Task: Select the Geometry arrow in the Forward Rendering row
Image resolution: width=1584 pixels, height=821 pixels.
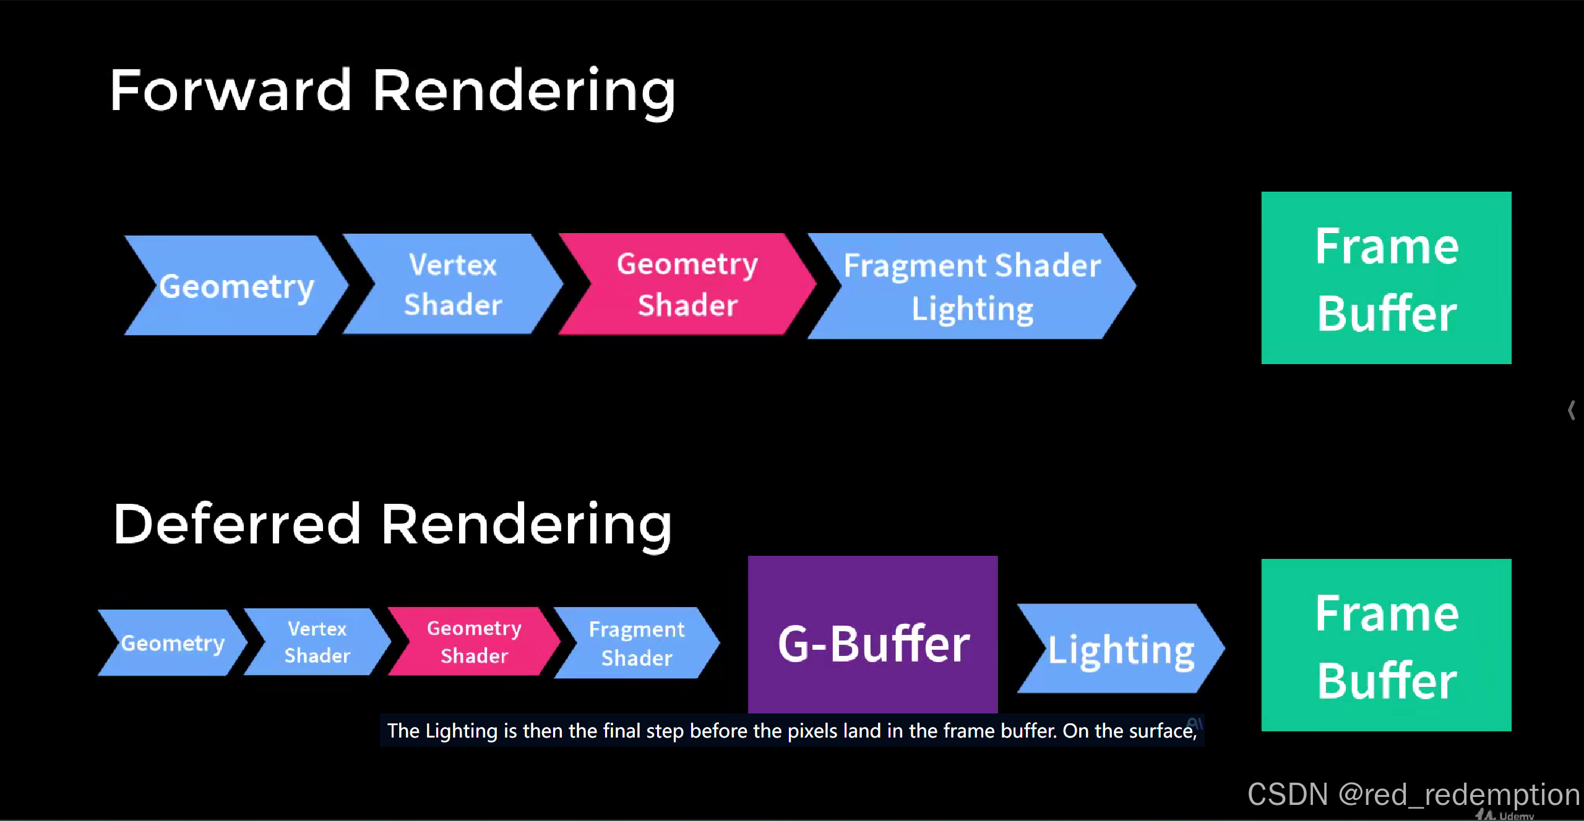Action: coord(236,286)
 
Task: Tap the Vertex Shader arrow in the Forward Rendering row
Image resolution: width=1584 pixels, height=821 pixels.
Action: coord(453,284)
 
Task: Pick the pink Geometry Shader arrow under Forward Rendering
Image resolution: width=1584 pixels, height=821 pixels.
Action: coord(687,284)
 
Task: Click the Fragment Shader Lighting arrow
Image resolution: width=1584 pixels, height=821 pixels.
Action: coord(971,286)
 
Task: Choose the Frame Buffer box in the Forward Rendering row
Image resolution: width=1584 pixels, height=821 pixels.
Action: coord(1386,278)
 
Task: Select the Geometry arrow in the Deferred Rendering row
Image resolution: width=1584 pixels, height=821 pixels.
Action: coord(172,643)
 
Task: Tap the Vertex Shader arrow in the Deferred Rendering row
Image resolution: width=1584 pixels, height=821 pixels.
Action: coord(317,642)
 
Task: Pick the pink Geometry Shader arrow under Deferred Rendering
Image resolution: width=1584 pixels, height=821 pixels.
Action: coord(474,642)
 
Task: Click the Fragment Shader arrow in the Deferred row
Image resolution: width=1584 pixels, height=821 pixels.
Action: coord(637,643)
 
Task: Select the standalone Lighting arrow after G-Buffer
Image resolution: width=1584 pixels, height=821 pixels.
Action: coord(1120,649)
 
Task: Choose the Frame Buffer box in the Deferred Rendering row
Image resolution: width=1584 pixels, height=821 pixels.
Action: coord(1386,645)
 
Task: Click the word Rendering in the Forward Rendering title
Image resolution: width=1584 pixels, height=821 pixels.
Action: coord(523,91)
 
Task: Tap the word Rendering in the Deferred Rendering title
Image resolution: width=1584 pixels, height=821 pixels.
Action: coord(526,525)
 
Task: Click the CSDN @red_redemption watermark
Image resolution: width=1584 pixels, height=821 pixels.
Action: coord(1413,794)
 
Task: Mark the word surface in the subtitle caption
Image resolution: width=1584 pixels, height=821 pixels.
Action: coord(1163,731)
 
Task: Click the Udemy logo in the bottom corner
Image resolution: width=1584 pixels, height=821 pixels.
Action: coord(1507,815)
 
